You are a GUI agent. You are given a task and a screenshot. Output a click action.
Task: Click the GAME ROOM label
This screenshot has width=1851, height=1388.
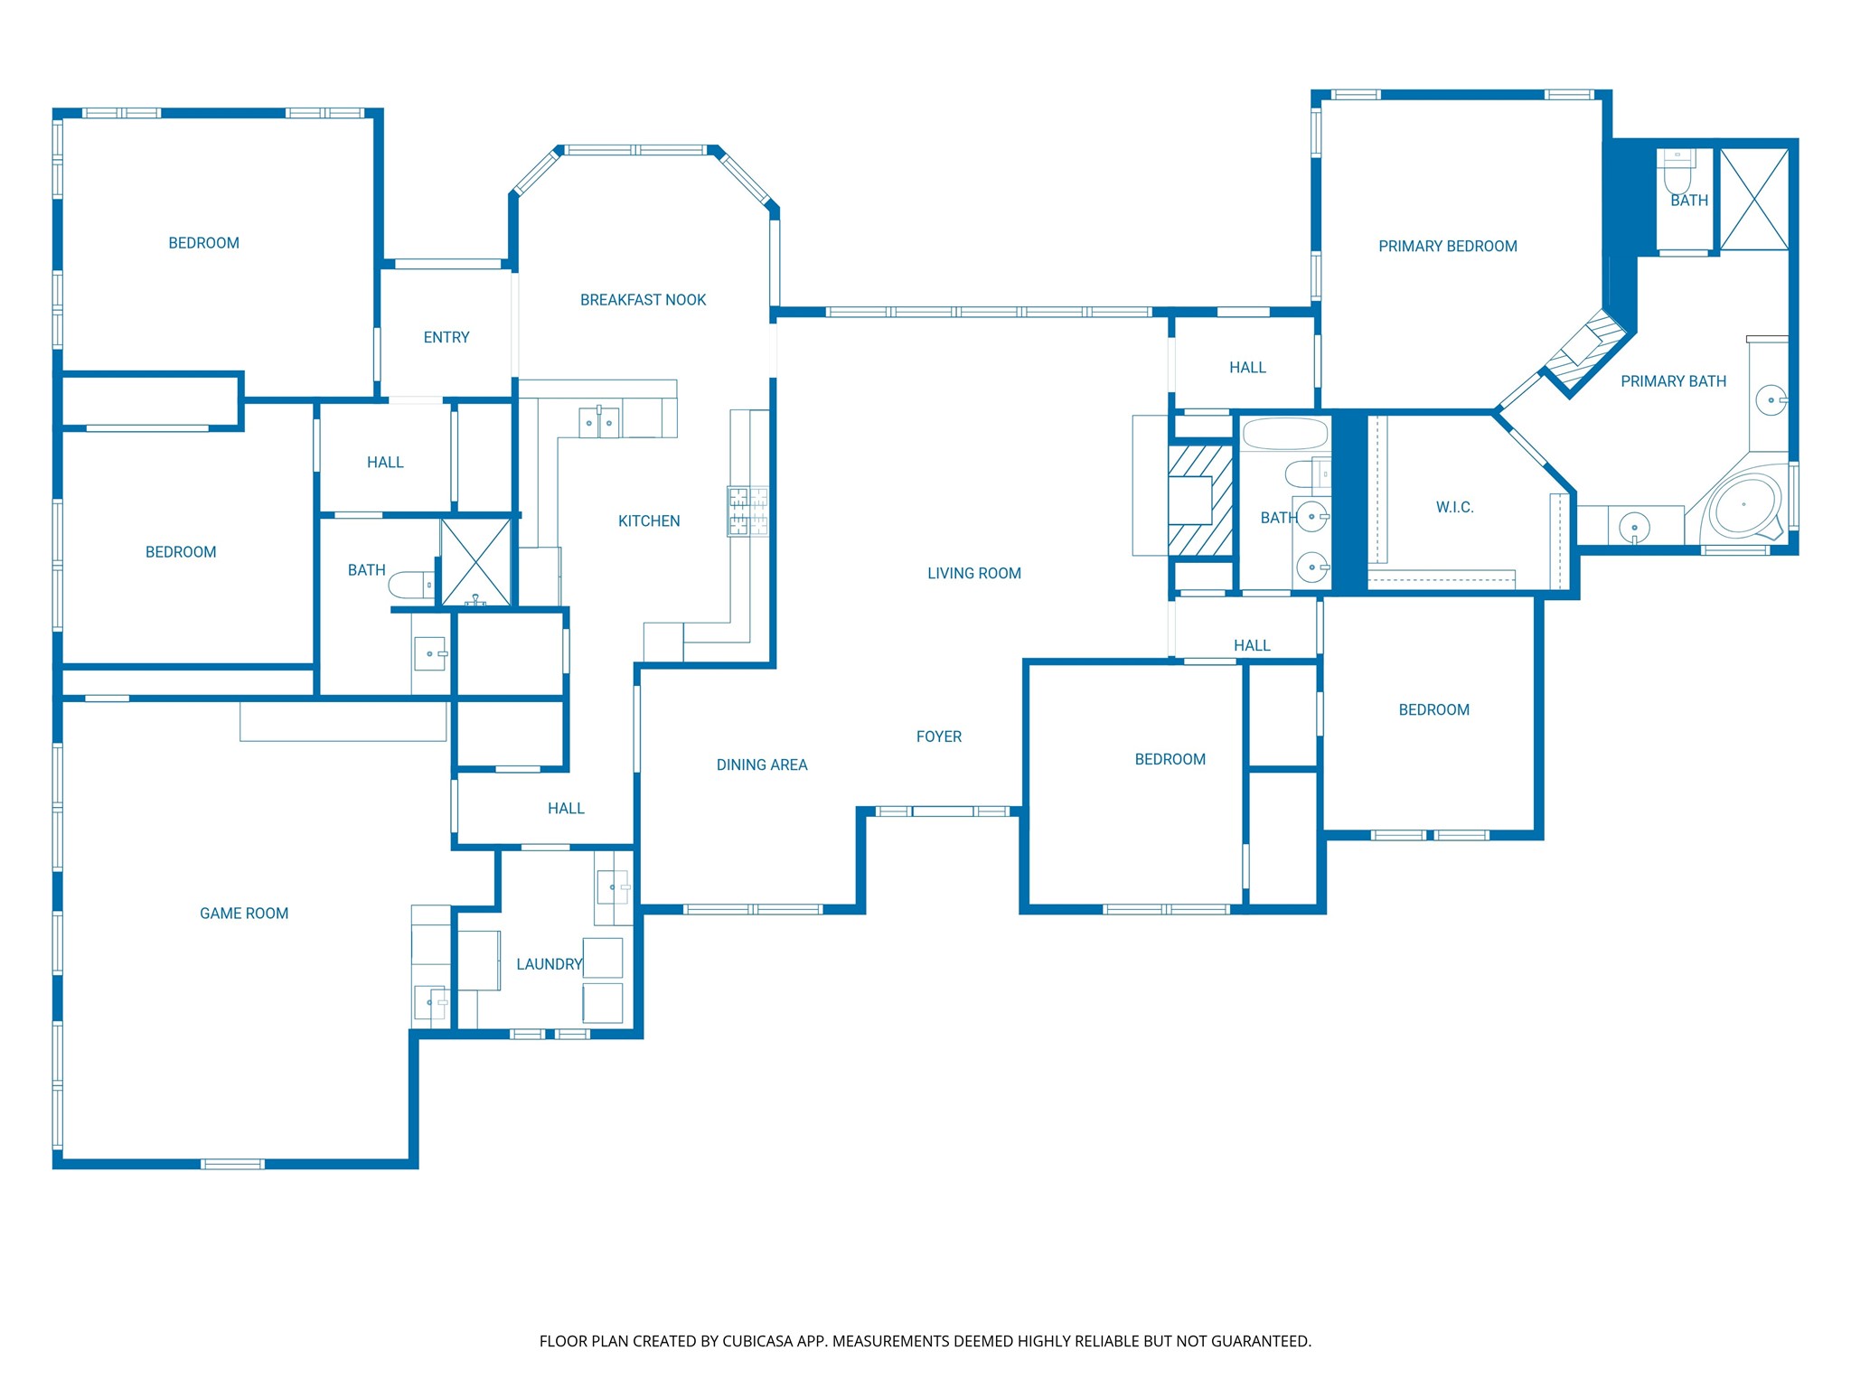244,914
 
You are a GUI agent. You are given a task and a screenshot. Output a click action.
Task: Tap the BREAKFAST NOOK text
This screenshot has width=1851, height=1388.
643,300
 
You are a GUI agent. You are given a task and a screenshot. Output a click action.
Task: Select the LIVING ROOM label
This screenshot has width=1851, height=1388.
974,573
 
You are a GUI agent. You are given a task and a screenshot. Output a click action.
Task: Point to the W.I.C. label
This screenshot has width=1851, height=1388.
1454,507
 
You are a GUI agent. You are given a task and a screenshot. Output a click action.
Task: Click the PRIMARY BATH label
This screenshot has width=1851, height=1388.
1673,381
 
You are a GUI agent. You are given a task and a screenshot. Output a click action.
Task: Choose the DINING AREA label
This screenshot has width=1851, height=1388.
762,764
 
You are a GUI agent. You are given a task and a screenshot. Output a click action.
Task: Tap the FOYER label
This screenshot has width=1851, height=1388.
939,736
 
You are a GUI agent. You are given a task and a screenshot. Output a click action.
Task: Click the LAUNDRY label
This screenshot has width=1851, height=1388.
549,964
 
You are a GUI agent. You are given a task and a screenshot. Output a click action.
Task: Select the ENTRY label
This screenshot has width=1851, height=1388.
446,337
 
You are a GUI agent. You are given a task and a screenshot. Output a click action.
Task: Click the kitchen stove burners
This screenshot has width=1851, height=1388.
748,511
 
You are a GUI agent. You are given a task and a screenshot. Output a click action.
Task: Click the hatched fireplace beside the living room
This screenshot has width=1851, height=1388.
1200,501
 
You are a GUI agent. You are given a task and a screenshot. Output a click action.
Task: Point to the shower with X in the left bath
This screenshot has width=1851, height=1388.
476,562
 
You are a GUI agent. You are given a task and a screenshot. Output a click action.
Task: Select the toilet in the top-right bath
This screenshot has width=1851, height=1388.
1677,172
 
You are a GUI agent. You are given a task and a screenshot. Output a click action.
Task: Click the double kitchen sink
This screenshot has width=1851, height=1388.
599,422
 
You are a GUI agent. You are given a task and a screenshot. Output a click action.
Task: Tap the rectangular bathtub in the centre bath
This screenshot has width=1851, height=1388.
1284,434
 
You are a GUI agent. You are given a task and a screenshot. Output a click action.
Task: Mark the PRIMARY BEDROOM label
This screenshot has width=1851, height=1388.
1447,246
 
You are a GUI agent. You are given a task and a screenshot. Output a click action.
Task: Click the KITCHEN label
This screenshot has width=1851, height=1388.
649,520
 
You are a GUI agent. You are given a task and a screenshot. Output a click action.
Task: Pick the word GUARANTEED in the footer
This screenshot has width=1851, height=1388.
1261,1341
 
